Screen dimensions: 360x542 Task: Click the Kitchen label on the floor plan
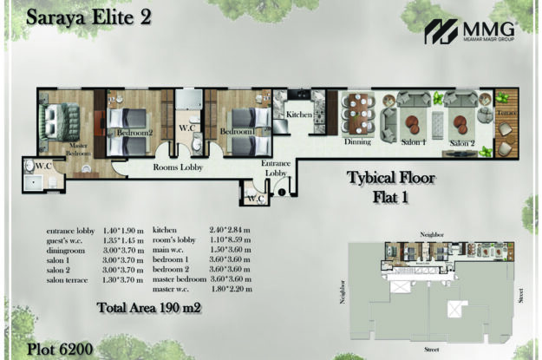click(299, 115)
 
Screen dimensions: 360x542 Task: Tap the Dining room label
click(357, 141)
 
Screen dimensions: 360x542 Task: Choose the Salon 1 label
click(413, 141)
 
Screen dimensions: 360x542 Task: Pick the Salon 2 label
click(462, 141)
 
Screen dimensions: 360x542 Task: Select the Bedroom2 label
click(135, 133)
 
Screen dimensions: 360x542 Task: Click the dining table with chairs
click(357, 113)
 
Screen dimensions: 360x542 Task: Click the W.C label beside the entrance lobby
click(255, 199)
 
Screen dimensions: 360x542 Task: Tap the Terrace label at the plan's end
click(506, 114)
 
